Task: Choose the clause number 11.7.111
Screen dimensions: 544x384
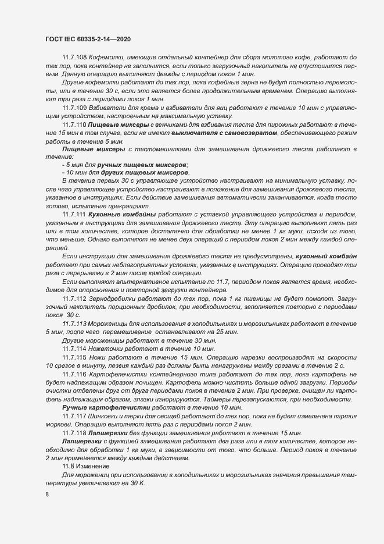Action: (x=74, y=215)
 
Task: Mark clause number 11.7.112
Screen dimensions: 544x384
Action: (x=74, y=298)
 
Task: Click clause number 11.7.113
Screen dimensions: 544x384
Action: (x=74, y=323)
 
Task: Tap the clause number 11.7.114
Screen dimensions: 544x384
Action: (x=74, y=348)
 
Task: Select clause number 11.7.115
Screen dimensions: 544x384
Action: (x=74, y=356)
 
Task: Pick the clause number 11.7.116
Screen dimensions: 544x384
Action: (x=74, y=375)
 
